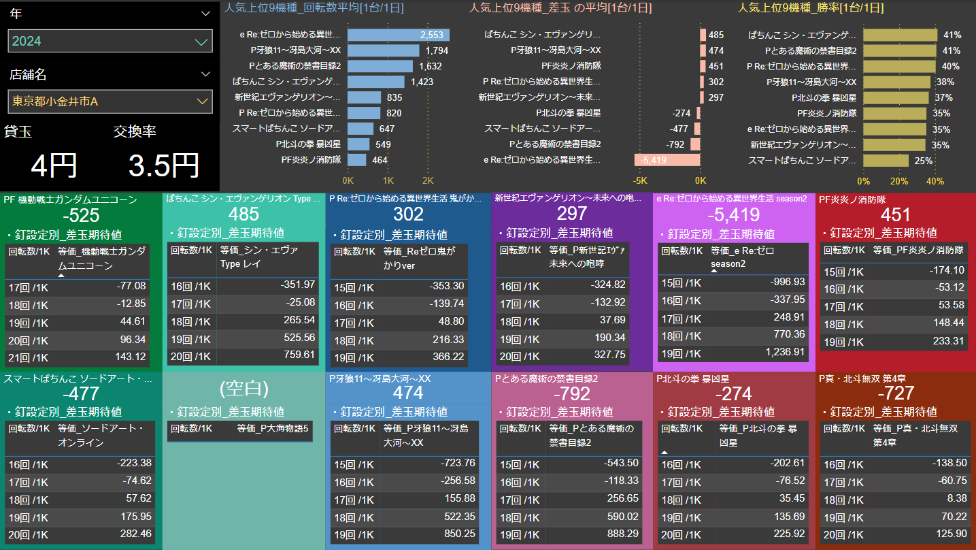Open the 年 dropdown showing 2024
110,41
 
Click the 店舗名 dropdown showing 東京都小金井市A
110,101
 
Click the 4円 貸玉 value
54,165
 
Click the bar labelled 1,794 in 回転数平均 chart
384,50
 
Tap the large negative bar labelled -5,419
667,160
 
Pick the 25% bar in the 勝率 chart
886,161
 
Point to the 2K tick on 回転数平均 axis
428,181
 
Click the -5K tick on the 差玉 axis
640,181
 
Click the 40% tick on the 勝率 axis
935,181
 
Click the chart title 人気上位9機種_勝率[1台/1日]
811,8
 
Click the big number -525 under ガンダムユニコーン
81,216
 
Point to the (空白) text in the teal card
243,389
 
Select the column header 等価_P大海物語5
273,429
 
